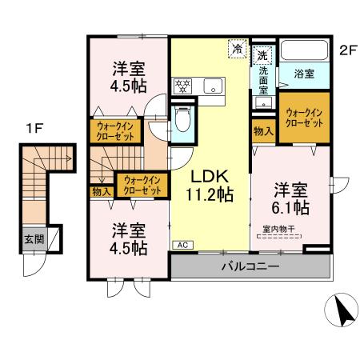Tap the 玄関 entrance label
[x=33, y=239]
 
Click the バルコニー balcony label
[x=250, y=266]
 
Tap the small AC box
[x=182, y=244]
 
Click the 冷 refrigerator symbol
[x=238, y=50]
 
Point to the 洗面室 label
[x=262, y=80]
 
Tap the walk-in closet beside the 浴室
[x=303, y=118]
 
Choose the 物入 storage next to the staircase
[x=101, y=190]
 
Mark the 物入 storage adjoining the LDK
[x=262, y=130]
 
